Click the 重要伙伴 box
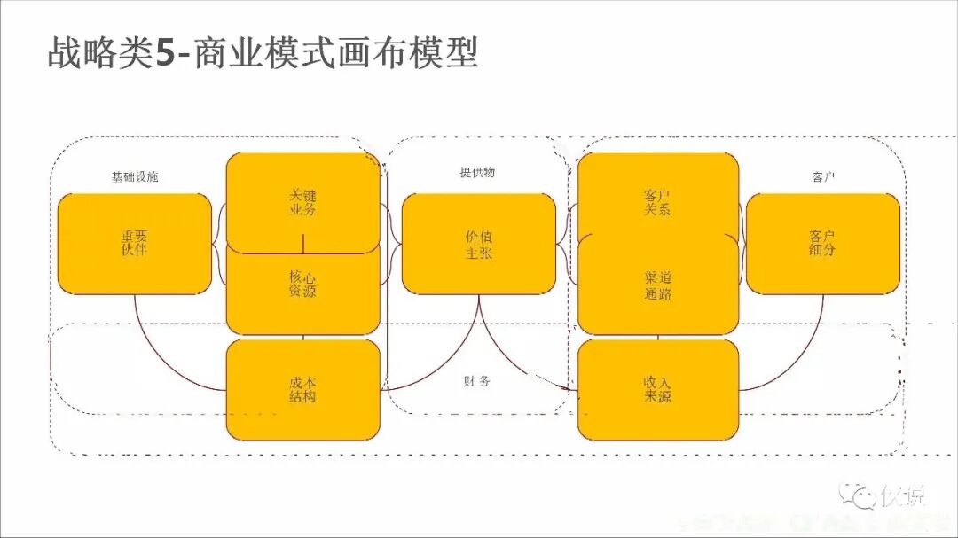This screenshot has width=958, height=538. pos(134,244)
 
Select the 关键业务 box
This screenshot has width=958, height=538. pos(302,202)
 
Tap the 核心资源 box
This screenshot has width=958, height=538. pos(302,285)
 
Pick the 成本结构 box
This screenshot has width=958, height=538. pos(302,390)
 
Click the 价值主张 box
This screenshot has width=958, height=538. pos(479,244)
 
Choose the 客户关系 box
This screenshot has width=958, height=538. pos(657,202)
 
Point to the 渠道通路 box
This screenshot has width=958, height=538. pos(657,285)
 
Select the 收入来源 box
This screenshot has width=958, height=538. pos(657,390)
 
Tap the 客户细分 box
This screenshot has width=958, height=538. pos(822,244)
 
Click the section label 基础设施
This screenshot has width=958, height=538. pos(135,177)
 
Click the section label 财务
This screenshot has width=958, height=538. pos(476,381)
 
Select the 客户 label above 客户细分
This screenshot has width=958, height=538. pos(824,177)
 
